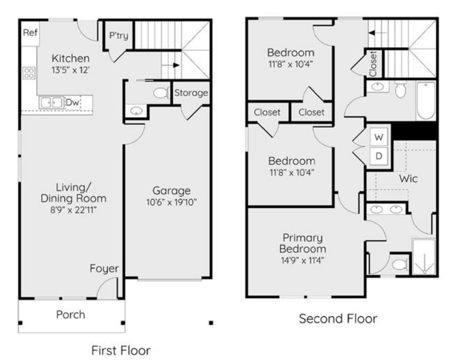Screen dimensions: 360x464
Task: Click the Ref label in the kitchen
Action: click(x=30, y=32)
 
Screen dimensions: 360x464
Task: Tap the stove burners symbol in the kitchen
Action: click(x=29, y=73)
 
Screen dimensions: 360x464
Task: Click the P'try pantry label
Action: click(x=119, y=35)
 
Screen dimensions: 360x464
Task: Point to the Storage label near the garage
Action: click(x=191, y=93)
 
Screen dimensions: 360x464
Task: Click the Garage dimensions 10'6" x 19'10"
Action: click(x=172, y=202)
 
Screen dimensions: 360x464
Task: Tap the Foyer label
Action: click(x=104, y=269)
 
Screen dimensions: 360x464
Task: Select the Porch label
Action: click(x=70, y=315)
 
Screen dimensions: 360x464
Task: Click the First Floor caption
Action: click(x=121, y=350)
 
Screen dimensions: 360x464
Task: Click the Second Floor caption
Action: click(x=338, y=319)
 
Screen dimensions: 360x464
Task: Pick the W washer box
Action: click(x=379, y=137)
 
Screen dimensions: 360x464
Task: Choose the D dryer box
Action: click(x=379, y=156)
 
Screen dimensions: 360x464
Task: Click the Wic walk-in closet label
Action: click(x=408, y=178)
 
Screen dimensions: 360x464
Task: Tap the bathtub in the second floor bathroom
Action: click(x=426, y=101)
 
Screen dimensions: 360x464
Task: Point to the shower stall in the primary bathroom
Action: click(x=423, y=257)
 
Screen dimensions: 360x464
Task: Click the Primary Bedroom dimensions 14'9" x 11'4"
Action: click(x=302, y=261)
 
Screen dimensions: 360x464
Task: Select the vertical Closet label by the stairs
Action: click(x=373, y=64)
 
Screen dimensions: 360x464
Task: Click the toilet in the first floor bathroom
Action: click(x=161, y=93)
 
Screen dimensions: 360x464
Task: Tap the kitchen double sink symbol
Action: click(x=51, y=102)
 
